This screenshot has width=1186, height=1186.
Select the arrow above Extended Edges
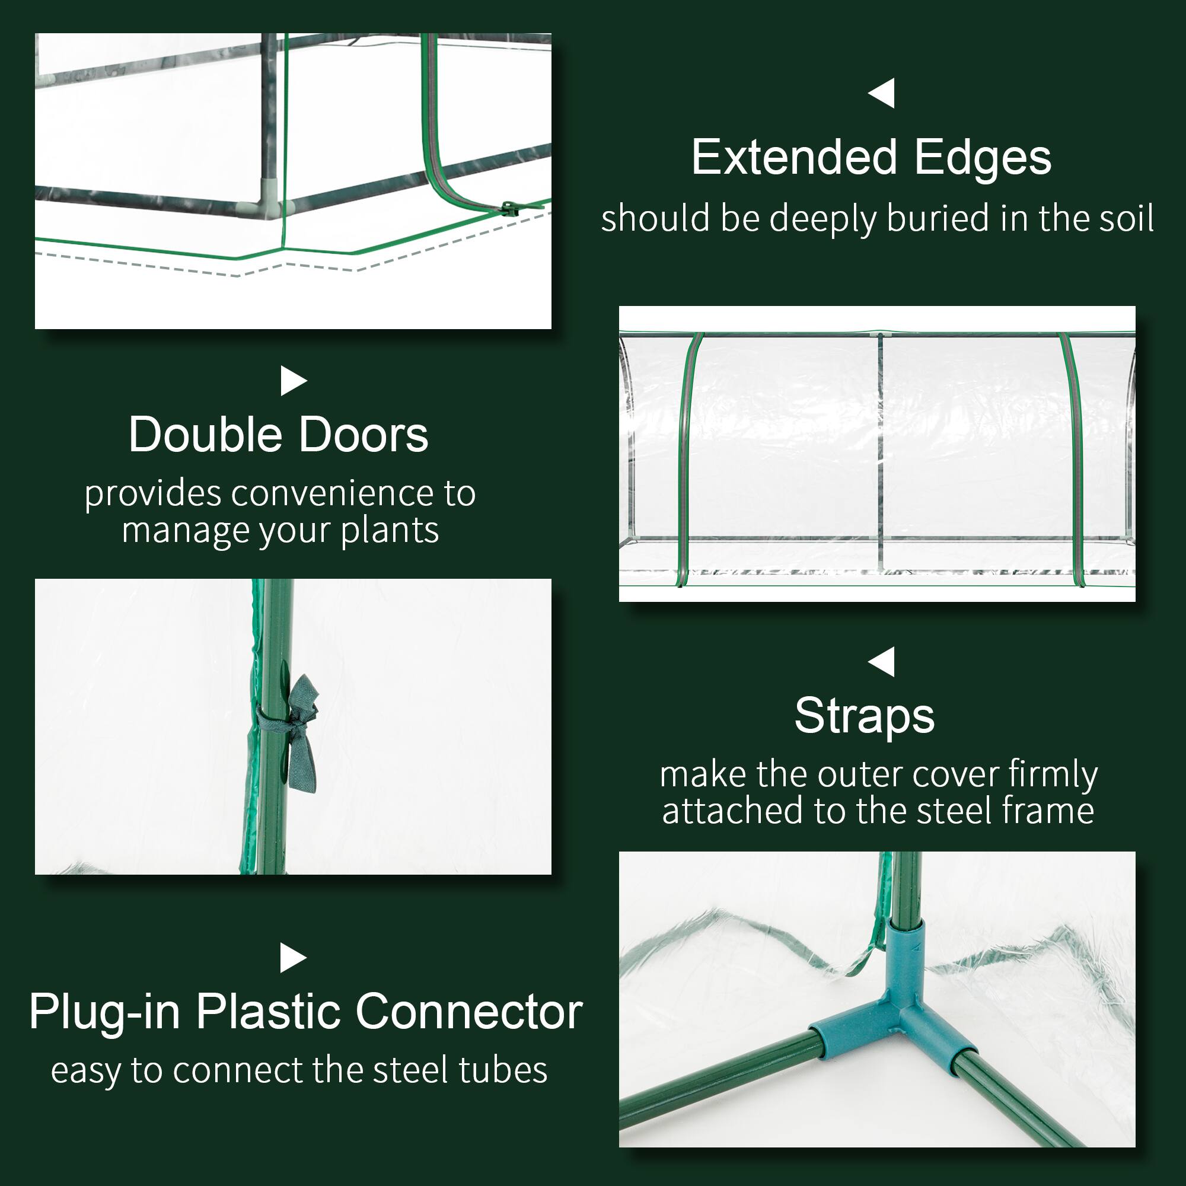(882, 93)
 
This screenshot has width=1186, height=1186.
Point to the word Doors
(364, 435)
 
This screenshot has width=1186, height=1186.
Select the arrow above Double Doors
(293, 381)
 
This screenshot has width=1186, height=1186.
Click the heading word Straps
(865, 716)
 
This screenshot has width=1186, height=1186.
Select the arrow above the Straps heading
(882, 662)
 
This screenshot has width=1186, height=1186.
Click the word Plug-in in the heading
(104, 1012)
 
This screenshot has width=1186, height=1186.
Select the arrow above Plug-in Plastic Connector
(293, 958)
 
